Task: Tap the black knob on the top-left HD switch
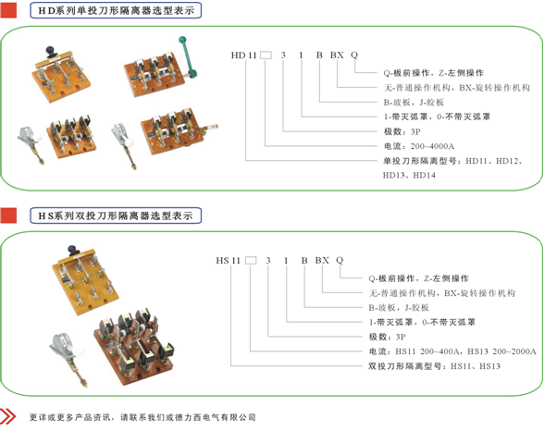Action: (52, 52)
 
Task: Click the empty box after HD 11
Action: (266, 55)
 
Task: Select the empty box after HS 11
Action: (251, 260)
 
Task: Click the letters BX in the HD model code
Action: (337, 55)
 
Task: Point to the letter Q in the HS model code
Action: (340, 260)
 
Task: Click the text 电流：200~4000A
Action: (419, 146)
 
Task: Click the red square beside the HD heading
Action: (8, 10)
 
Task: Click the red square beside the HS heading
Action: (8, 215)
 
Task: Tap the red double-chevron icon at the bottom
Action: (7, 416)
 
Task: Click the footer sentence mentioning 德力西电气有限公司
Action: (142, 417)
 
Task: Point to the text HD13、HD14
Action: (409, 175)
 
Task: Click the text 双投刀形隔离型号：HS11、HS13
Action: (434, 366)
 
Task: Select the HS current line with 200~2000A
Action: (452, 351)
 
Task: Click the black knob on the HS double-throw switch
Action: (73, 250)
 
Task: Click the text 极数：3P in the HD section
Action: (402, 131)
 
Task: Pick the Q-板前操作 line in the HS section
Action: (418, 278)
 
